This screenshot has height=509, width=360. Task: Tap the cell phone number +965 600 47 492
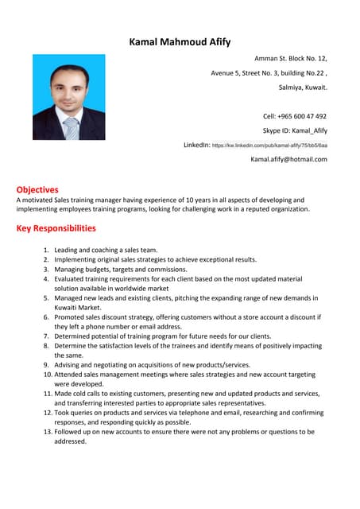point(295,115)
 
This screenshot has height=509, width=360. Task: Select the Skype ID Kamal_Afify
point(295,130)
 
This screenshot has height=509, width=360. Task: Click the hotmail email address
point(288,159)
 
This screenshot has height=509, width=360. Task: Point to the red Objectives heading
point(37,189)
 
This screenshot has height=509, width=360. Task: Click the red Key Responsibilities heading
point(56,228)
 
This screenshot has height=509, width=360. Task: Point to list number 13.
point(47,432)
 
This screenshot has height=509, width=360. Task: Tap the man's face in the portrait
point(68,87)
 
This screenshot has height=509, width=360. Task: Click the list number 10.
point(47,374)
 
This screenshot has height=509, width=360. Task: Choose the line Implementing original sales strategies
point(155,259)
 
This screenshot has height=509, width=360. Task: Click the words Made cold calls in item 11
point(79,394)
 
